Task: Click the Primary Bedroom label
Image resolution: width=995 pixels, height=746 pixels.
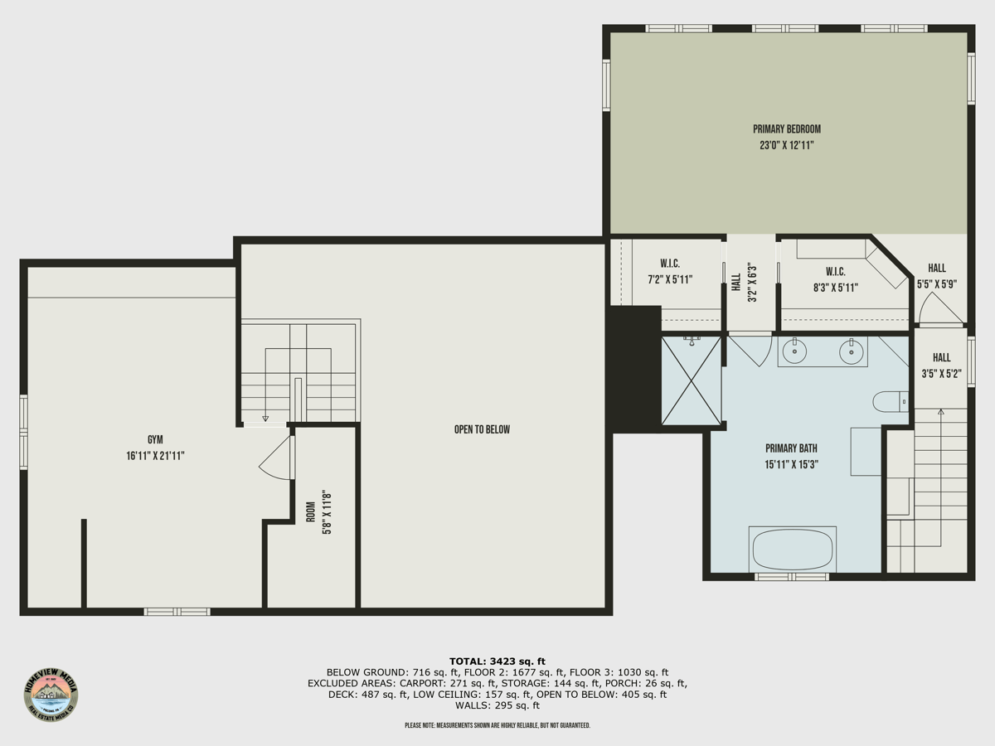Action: coord(786,129)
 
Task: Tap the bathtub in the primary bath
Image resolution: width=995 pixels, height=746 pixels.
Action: coord(792,550)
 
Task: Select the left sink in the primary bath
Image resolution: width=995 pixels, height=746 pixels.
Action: coord(794,351)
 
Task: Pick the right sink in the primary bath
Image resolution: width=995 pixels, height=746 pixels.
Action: coord(851,351)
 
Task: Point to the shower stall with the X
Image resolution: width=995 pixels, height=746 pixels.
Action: coord(692,381)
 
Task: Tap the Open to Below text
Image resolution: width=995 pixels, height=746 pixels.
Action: coord(482,429)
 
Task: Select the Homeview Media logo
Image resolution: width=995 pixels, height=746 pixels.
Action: coord(51,694)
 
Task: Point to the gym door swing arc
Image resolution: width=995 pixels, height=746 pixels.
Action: coord(276,461)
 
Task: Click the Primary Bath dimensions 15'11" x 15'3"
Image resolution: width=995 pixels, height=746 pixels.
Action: coord(792,464)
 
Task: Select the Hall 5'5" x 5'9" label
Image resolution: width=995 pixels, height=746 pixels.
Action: coord(937,276)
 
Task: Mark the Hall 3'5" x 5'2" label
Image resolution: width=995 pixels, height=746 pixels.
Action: coord(941,366)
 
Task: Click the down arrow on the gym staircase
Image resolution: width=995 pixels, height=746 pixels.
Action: coord(265,419)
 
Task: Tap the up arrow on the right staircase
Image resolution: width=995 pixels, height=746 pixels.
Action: coord(940,411)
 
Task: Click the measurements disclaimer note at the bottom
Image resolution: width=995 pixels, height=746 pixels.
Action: coord(497,725)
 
